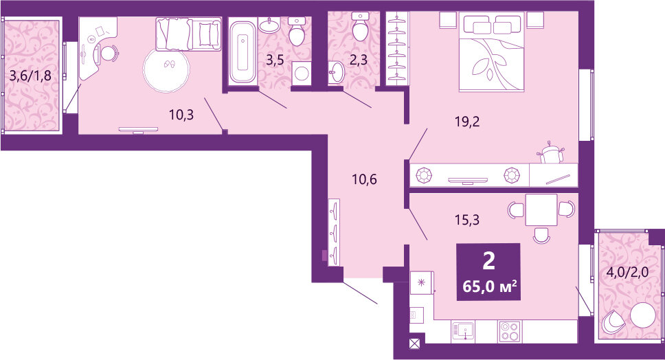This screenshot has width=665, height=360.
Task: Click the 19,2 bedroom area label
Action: click(x=466, y=122)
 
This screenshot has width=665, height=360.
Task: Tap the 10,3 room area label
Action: click(x=181, y=115)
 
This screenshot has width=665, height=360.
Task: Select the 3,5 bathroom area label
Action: click(x=275, y=58)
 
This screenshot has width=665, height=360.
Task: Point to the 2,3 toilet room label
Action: click(x=359, y=60)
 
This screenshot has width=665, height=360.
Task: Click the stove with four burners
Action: click(x=510, y=330)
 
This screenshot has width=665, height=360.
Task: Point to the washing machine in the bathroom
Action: click(x=300, y=73)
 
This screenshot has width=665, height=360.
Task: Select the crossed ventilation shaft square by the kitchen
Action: click(x=414, y=346)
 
